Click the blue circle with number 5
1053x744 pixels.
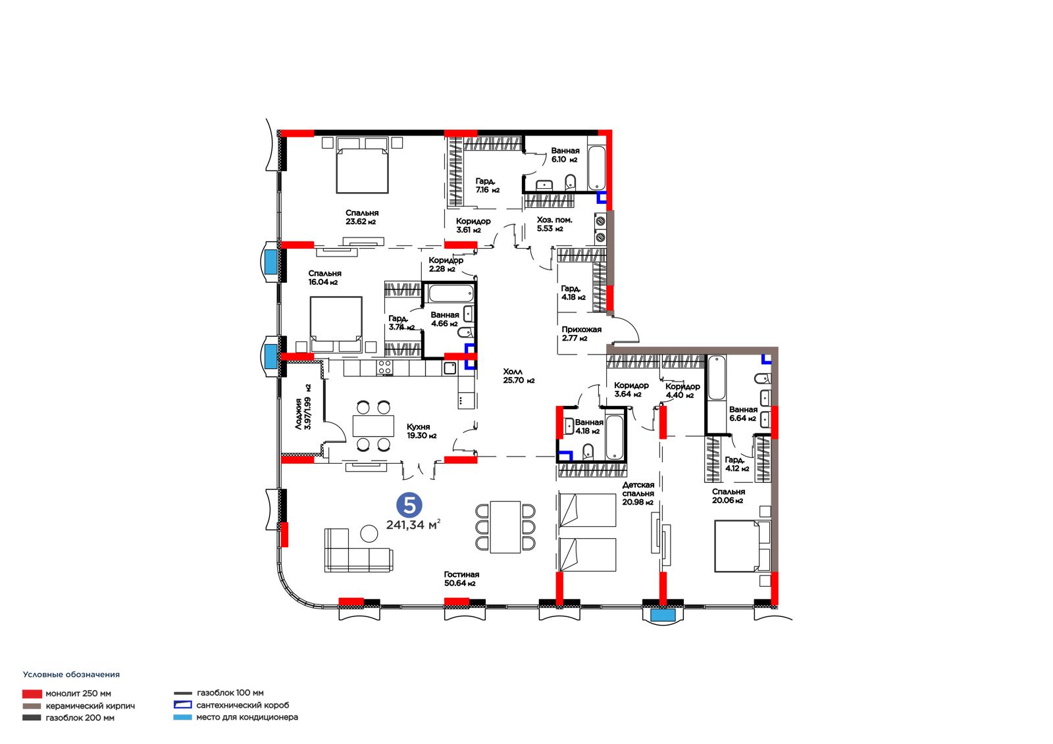pyautogui.click(x=409, y=505)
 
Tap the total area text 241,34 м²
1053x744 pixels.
pyautogui.click(x=413, y=524)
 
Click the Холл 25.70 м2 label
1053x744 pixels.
pyautogui.click(x=519, y=376)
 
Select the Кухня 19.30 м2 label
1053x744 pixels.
pyautogui.click(x=421, y=431)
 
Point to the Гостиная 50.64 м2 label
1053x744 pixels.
pyautogui.click(x=461, y=579)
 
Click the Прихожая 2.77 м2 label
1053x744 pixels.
pyautogui.click(x=582, y=334)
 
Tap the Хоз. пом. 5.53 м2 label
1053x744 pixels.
pyautogui.click(x=554, y=224)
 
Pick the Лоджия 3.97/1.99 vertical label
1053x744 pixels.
pyautogui.click(x=303, y=407)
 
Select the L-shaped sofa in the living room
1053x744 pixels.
pyautogui.click(x=358, y=550)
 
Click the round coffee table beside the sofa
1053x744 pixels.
pyautogui.click(x=369, y=533)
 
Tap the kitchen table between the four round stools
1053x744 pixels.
pyautogui.click(x=373, y=426)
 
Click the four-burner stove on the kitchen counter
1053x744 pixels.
pyautogui.click(x=384, y=367)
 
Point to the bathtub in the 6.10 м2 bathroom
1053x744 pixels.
pyautogui.click(x=596, y=168)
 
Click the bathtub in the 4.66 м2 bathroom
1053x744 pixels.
pyautogui.click(x=451, y=293)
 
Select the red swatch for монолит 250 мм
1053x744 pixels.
pyautogui.click(x=32, y=694)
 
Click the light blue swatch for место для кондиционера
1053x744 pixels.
pyautogui.click(x=182, y=717)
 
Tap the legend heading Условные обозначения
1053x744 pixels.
pyautogui.click(x=72, y=674)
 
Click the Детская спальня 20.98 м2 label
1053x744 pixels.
pyautogui.click(x=638, y=493)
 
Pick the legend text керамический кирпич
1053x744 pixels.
pyautogui.click(x=90, y=706)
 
